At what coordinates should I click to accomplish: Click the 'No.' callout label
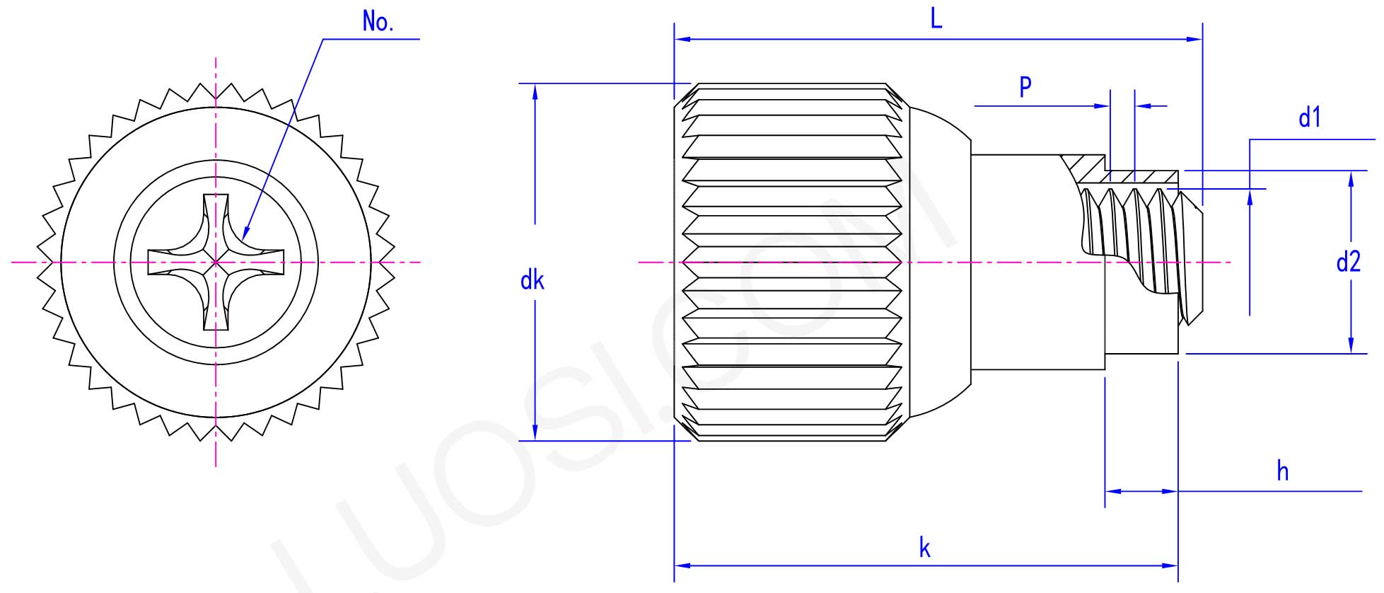click(x=378, y=22)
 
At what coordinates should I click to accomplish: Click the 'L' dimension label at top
click(x=936, y=18)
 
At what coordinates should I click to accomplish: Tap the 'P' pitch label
click(x=1025, y=87)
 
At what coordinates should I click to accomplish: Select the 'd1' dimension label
click(x=1309, y=117)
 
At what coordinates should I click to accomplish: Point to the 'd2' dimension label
click(x=1348, y=263)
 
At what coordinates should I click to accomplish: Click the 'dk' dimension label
click(x=532, y=281)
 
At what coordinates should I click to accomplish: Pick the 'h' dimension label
click(x=1282, y=471)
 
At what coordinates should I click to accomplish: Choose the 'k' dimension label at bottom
click(x=924, y=548)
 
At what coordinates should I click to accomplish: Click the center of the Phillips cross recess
click(x=216, y=263)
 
